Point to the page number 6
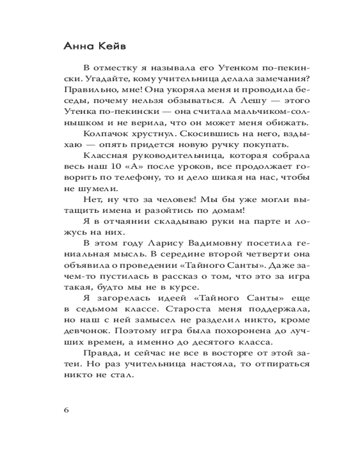pos(66,410)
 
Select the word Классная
pos(102,156)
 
